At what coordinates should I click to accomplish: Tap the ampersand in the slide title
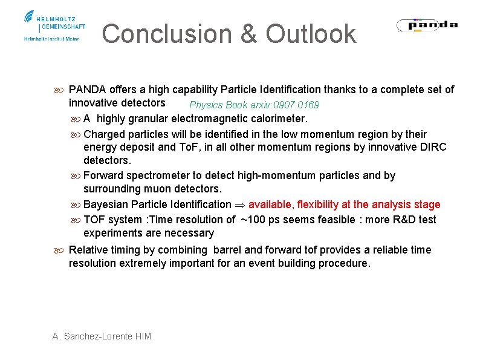click(x=248, y=34)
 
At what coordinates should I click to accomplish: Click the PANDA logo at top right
click(x=427, y=25)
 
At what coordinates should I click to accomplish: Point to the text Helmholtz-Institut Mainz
click(x=51, y=39)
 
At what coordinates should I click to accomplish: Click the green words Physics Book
click(x=215, y=105)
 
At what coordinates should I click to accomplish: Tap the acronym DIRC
click(x=429, y=147)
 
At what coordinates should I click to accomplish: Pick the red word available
click(x=270, y=205)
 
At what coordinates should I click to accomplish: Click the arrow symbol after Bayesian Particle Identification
click(x=239, y=205)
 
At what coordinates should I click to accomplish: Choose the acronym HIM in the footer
click(x=142, y=336)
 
